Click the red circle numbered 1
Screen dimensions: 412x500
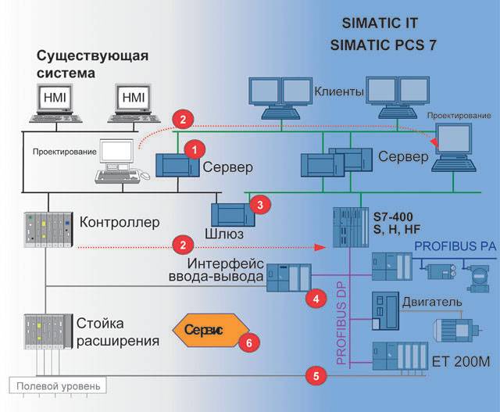196,146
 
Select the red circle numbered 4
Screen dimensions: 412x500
316,298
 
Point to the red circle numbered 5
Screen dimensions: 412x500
315,375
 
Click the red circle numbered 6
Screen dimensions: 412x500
248,341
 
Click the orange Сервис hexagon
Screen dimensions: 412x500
205,330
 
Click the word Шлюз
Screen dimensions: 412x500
223,233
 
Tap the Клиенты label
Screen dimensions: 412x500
340,91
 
